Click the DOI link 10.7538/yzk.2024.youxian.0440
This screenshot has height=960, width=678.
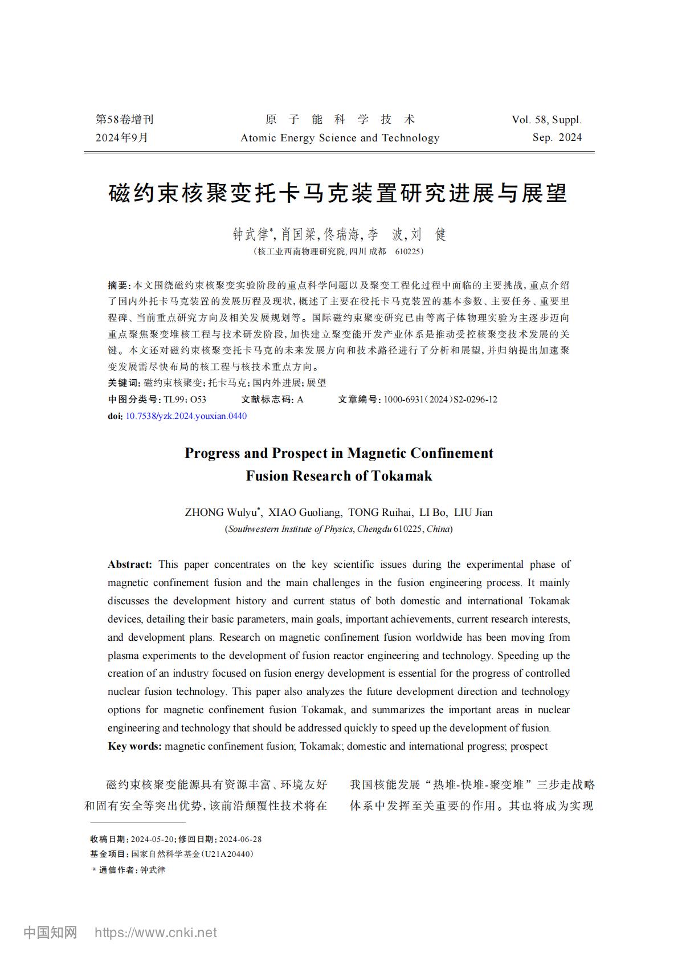pos(186,416)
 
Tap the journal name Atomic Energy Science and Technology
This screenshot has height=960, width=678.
pos(340,138)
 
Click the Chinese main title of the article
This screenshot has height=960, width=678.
pos(338,194)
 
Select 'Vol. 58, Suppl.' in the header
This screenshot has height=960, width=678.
pos(546,120)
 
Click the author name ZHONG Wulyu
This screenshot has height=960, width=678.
pos(220,512)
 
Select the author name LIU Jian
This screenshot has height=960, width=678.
pos(473,512)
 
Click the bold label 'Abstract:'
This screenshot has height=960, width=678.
pos(130,564)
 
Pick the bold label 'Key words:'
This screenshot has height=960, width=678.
pos(134,746)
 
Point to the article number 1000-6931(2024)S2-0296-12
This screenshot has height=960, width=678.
pos(440,400)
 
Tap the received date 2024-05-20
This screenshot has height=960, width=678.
pos(153,839)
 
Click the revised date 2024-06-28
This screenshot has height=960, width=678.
pos(240,839)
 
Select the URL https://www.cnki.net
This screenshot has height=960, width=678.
pos(156,933)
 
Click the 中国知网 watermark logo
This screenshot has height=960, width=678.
pos(50,933)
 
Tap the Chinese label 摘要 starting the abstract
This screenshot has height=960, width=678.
pos(118,285)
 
